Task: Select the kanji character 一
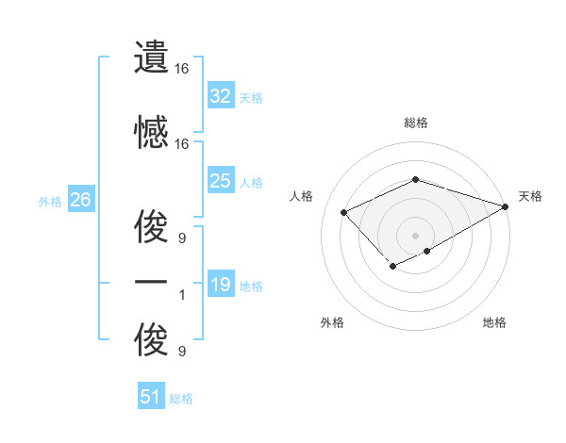(151, 282)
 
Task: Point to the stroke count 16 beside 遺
(182, 70)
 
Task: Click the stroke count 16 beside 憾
(182, 144)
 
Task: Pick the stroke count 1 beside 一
(182, 295)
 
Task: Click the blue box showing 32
(221, 95)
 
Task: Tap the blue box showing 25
(221, 181)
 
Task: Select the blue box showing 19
(221, 285)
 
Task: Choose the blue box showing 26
(80, 200)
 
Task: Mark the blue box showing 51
(151, 397)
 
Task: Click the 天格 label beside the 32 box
(251, 97)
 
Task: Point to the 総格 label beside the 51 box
(181, 399)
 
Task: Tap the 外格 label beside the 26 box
(49, 201)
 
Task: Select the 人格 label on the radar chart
(302, 196)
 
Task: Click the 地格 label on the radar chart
(494, 322)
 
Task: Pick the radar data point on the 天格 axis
(507, 206)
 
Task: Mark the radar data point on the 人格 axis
(344, 212)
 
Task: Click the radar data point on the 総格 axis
(415, 179)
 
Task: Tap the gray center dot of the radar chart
(415, 235)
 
